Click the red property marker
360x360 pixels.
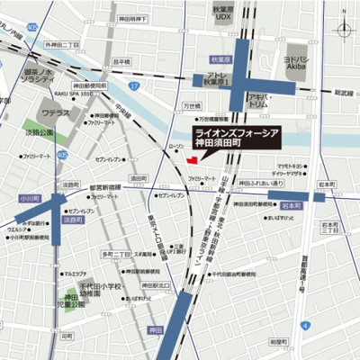click(190, 160)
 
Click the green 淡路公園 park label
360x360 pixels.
click(40, 131)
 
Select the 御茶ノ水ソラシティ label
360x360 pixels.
click(40, 76)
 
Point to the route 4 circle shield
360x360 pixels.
click(305, 323)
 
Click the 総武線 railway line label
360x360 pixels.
click(344, 91)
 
